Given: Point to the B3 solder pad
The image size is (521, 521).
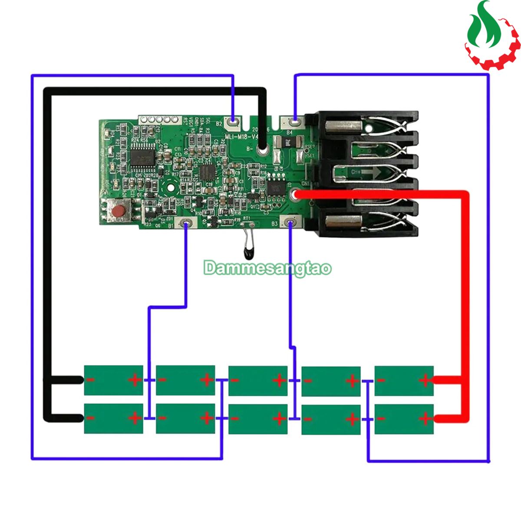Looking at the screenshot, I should point(290,223).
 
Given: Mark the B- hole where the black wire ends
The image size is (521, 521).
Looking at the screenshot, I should point(262,150).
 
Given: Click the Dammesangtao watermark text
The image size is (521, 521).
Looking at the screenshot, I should point(268,268).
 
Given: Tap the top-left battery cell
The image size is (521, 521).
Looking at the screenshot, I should point(113,380).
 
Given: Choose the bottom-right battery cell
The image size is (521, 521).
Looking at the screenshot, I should point(404,419).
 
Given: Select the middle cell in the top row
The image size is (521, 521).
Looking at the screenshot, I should point(258,380).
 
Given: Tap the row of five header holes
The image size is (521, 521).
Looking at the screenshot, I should point(158,119).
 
